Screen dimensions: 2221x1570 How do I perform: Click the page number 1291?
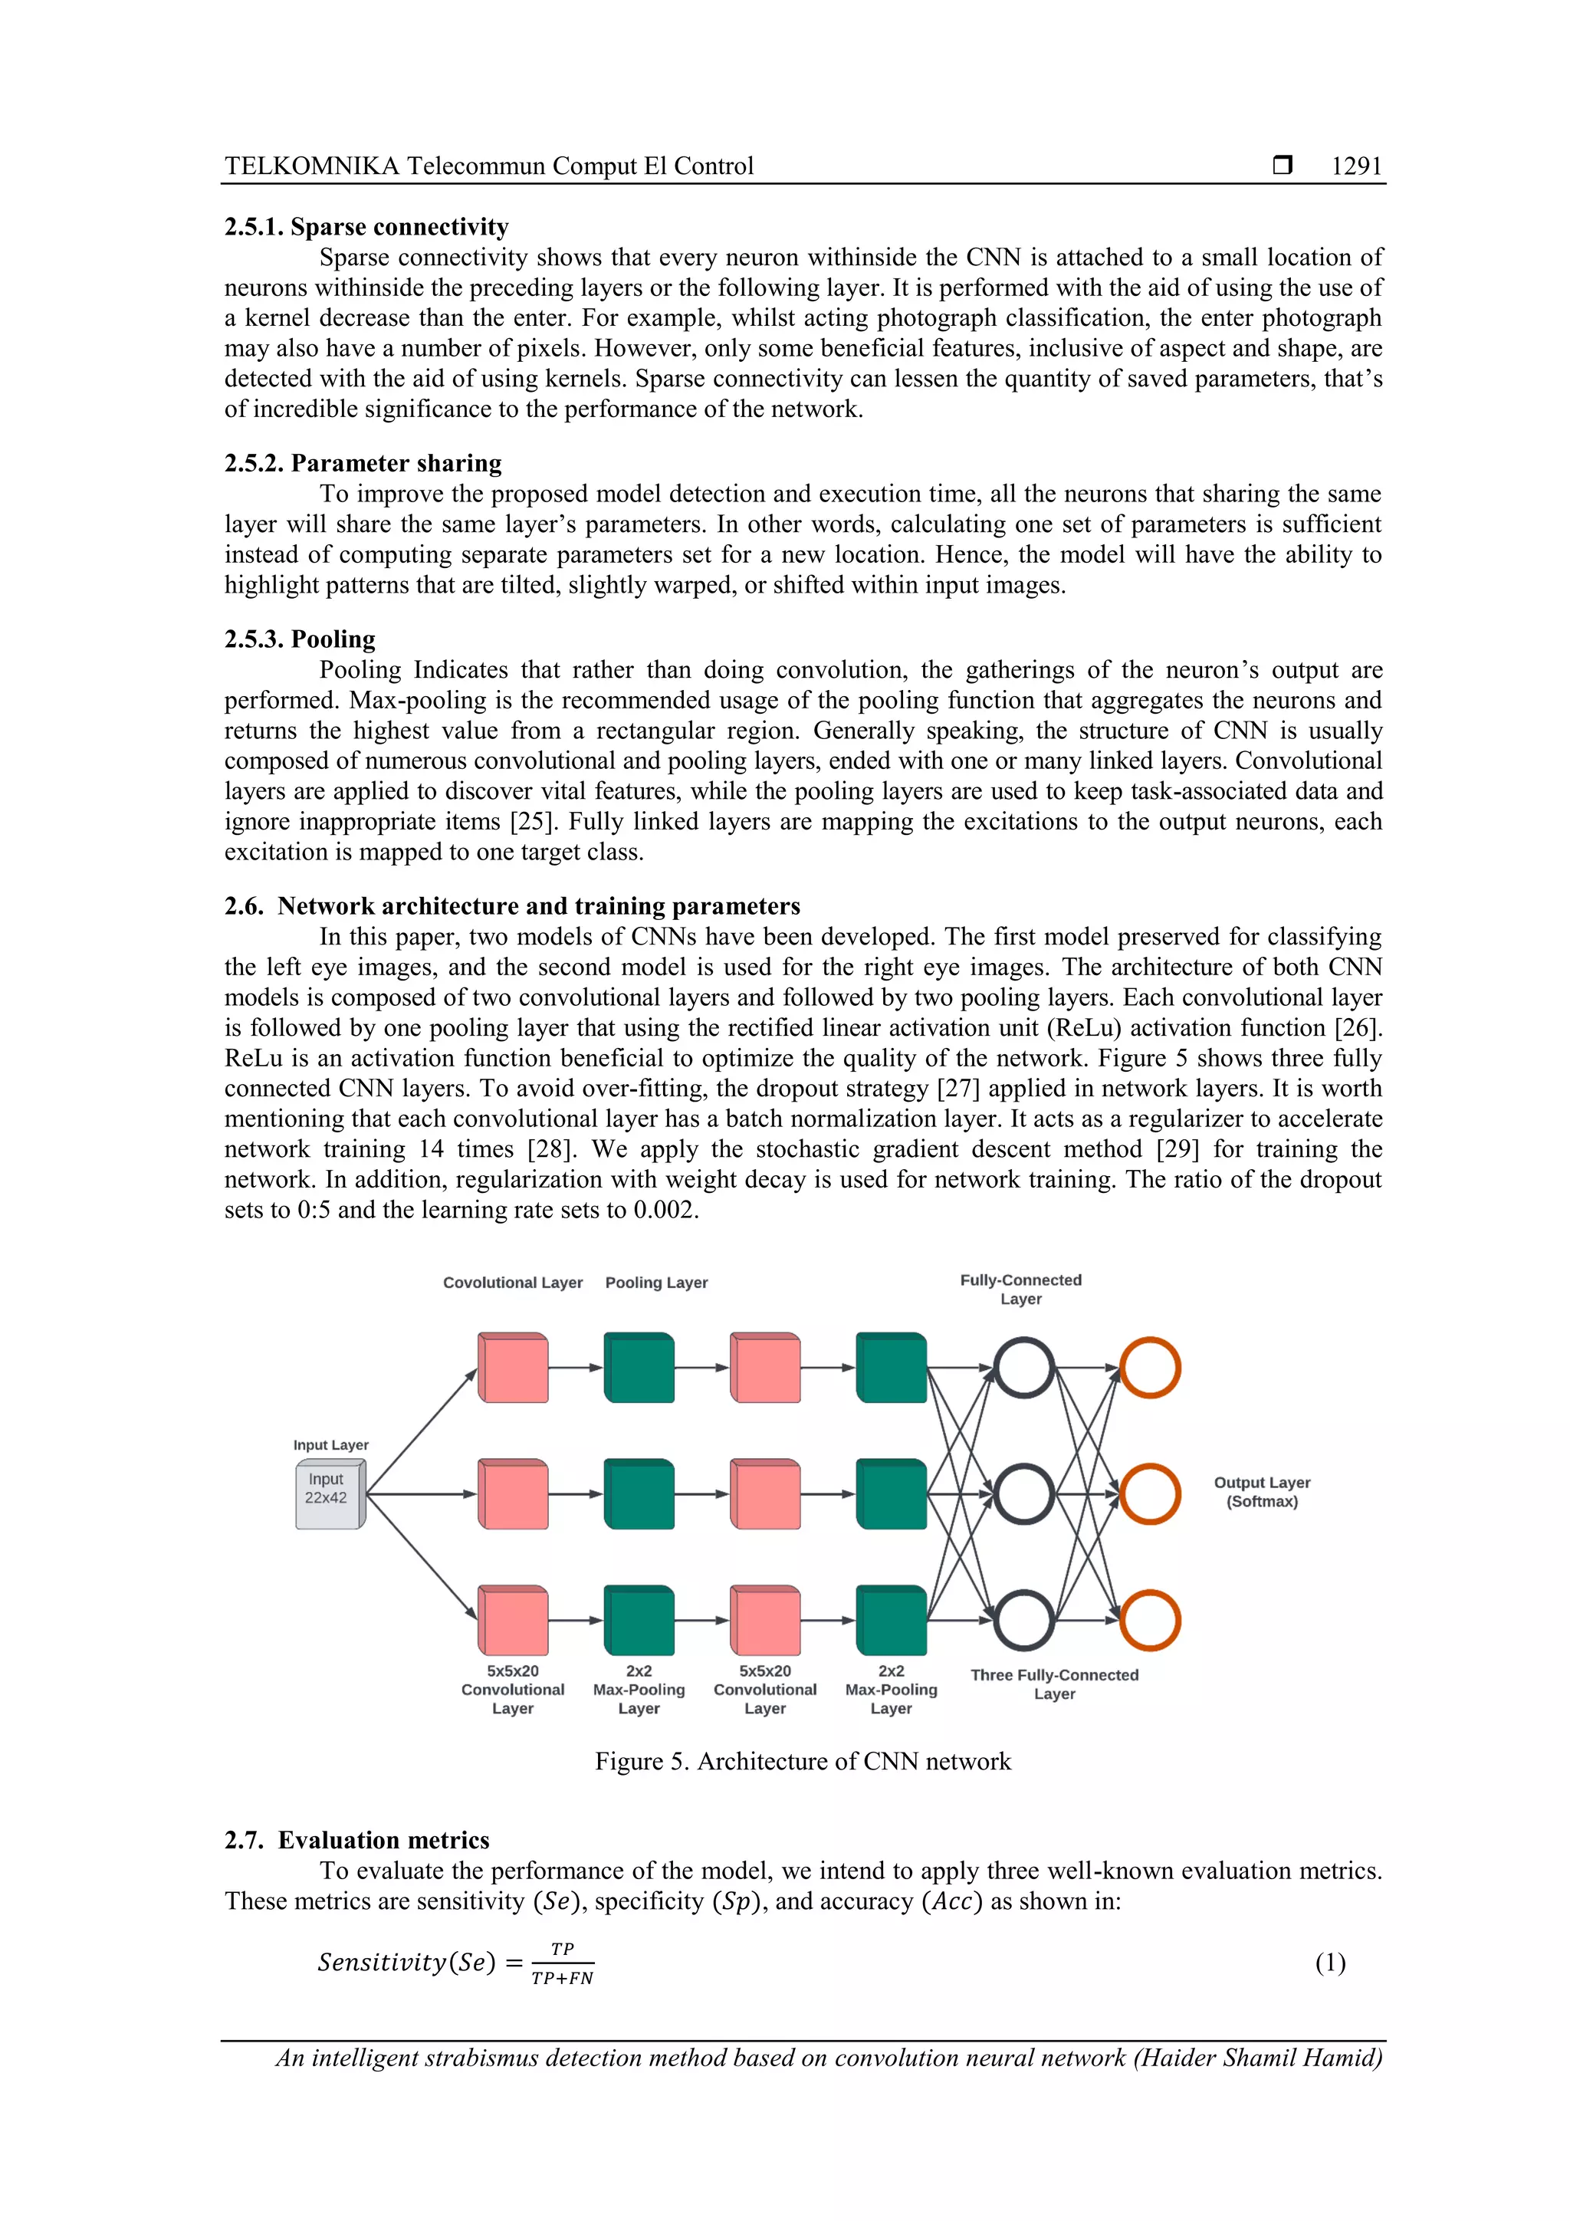tap(1355, 166)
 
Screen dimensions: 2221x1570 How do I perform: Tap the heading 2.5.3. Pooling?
tap(300, 639)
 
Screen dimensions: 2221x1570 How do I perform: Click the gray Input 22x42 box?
tap(329, 1493)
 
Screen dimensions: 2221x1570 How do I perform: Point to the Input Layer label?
tap(331, 1444)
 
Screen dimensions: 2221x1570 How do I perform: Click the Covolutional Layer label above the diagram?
tap(513, 1283)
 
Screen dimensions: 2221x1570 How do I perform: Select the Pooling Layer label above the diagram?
tap(656, 1283)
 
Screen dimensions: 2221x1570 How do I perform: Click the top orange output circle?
tap(1149, 1368)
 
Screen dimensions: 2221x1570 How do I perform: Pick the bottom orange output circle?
tap(1149, 1620)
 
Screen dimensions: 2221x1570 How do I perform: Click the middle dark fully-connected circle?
tap(1023, 1493)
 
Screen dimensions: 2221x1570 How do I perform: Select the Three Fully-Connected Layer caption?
tap(1054, 1684)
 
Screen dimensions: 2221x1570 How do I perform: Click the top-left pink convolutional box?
tap(514, 1368)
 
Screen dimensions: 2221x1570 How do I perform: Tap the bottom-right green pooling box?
tap(891, 1620)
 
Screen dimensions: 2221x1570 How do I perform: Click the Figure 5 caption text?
tap(802, 1762)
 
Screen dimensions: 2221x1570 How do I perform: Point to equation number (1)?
tap(1330, 1962)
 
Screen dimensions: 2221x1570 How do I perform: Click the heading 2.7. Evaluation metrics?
tap(357, 1840)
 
